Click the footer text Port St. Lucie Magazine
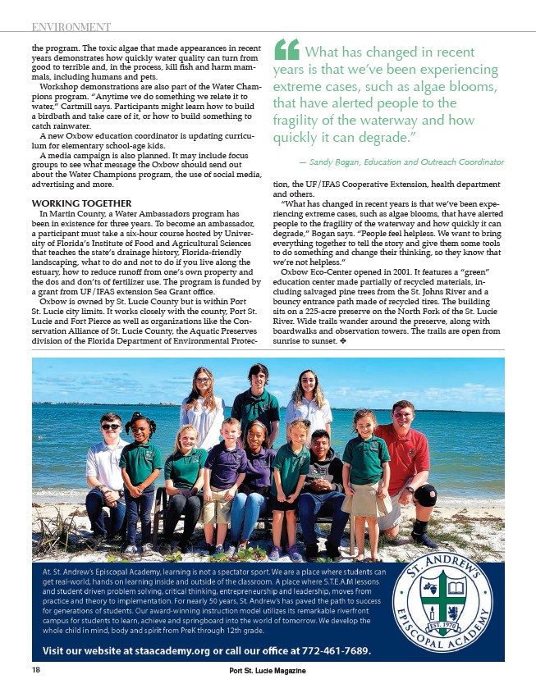pyautogui.click(x=268, y=671)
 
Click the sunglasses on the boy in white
pyautogui.click(x=111, y=426)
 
